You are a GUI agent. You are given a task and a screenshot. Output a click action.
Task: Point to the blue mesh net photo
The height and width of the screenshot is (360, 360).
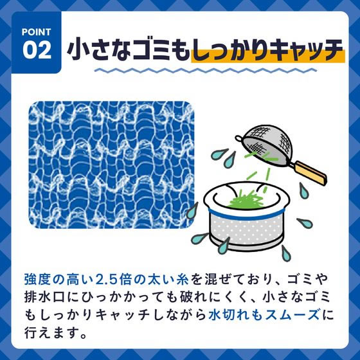(x=111, y=163)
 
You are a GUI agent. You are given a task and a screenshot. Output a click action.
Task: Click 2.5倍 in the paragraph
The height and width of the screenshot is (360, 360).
(x=116, y=278)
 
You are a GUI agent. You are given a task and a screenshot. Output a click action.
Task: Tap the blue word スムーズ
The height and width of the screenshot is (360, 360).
(x=288, y=317)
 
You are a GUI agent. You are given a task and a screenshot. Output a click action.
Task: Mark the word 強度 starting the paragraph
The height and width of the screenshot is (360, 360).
(x=35, y=278)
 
